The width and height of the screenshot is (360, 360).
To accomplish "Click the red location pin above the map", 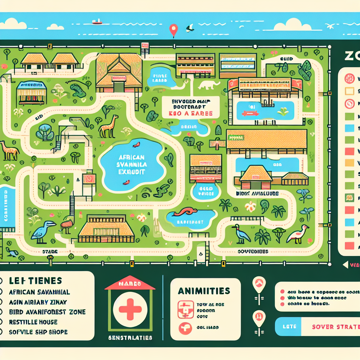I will (173, 30).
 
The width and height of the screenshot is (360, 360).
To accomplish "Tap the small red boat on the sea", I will (96, 22).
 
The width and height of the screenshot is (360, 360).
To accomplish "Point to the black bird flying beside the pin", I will (190, 27).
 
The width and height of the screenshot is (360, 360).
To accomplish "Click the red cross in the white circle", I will (130, 309).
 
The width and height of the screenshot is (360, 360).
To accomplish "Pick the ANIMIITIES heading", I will (204, 291).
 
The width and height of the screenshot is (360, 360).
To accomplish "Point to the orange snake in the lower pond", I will (186, 212).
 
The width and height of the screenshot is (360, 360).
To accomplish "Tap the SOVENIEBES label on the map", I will (253, 251).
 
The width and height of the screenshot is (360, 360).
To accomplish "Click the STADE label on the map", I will (50, 252).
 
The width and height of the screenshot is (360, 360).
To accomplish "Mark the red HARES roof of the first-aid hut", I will (130, 283).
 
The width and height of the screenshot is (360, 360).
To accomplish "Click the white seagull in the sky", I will (331, 26).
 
